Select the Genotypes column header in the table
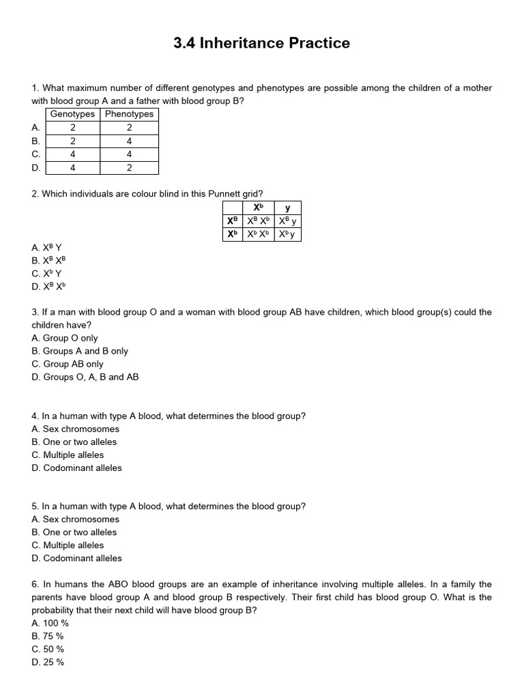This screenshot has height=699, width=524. pyautogui.click(x=72, y=114)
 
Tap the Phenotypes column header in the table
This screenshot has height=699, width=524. pyautogui.click(x=129, y=114)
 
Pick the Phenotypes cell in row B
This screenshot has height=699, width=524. pyautogui.click(x=129, y=141)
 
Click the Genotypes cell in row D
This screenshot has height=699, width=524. pyautogui.click(x=72, y=168)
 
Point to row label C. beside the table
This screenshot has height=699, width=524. pyautogui.click(x=36, y=154)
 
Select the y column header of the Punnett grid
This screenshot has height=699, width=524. pyautogui.click(x=287, y=208)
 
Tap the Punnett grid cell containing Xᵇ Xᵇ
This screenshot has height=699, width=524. pyautogui.click(x=259, y=234)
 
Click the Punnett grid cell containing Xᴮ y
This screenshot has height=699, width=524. pyautogui.click(x=287, y=221)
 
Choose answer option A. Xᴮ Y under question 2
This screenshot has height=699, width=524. pyautogui.click(x=46, y=247)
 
